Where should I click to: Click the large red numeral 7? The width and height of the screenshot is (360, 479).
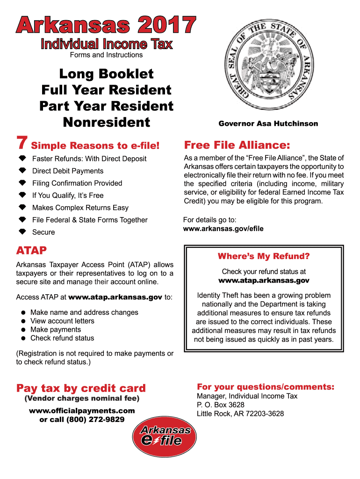pos(22,143)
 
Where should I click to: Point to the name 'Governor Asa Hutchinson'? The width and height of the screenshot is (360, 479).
pos(268,124)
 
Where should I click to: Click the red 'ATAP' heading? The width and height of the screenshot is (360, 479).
pos(31,251)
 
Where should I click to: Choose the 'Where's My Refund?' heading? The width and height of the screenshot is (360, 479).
pos(264,256)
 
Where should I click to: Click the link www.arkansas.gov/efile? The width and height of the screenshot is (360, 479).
pos(223,229)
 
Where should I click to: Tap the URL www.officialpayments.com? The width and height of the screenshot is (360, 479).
pos(82,411)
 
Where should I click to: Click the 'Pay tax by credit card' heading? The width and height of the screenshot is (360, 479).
pos(81,388)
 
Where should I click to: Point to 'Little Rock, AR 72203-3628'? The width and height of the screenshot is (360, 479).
pos(240,414)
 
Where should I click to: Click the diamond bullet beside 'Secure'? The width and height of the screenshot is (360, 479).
pos(22,232)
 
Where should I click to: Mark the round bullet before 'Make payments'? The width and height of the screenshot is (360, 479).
pos(22,330)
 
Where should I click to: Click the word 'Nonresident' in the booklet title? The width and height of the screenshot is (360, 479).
pos(106,123)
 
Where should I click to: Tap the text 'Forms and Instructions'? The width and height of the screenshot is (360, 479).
pos(106,55)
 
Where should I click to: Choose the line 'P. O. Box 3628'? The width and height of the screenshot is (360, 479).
pos(220,405)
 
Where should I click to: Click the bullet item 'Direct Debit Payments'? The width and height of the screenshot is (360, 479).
pos(68,171)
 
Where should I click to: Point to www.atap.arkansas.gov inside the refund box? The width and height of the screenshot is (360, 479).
pos(264,281)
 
